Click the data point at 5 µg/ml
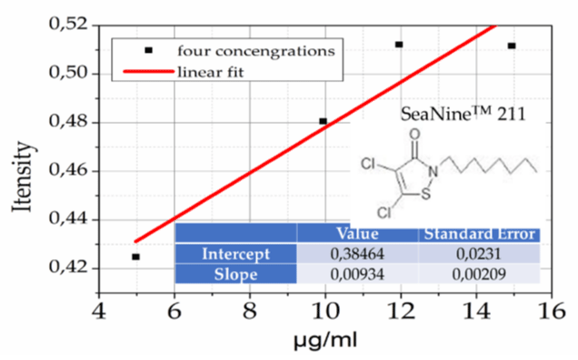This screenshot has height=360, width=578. tap(135, 256)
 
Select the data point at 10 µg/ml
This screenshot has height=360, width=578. tap(323, 121)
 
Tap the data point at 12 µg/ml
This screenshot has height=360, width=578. tap(399, 45)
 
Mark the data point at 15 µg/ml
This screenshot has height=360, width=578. tap(512, 45)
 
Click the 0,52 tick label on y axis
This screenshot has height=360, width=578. tap(69, 25)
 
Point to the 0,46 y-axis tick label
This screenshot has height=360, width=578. tap(69, 171)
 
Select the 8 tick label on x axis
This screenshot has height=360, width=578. tap(250, 311)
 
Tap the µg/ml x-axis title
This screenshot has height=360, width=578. tap(325, 340)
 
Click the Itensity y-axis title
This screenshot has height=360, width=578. tap(23, 176)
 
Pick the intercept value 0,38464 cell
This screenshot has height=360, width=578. tap(357, 254)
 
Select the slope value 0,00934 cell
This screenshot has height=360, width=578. tap(357, 274)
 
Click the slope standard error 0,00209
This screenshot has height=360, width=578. tap(479, 274)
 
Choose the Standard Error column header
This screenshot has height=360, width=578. tap(479, 234)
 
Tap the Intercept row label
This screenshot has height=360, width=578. tap(236, 254)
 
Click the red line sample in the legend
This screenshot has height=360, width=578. tap(148, 71)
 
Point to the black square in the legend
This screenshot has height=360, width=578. tap(148, 50)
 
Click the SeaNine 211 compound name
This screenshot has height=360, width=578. tap(463, 114)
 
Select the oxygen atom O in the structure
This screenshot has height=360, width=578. tap(414, 134)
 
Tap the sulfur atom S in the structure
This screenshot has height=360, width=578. tap(425, 194)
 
